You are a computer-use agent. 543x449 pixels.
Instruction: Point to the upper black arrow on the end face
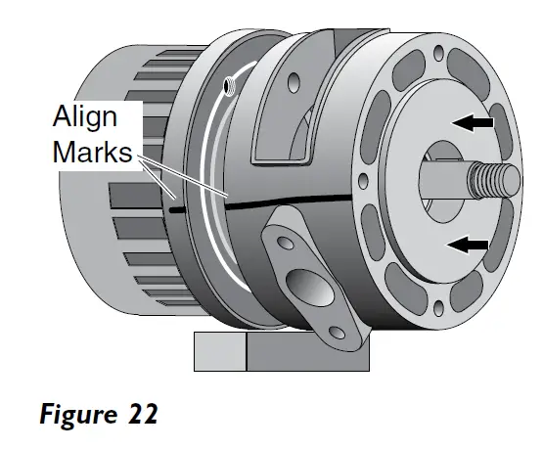pyautogui.click(x=471, y=123)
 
